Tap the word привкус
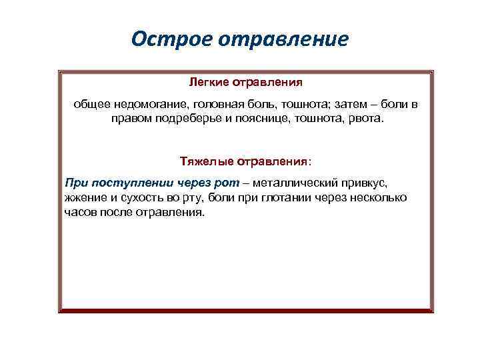pos(363,182)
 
